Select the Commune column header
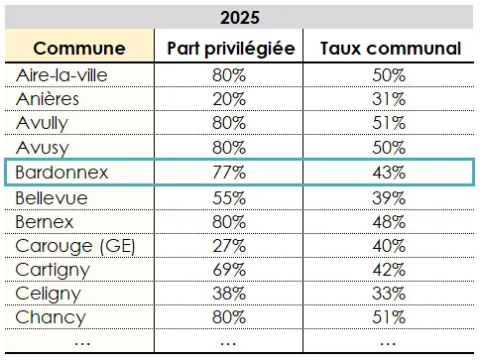point(79,48)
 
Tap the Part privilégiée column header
point(229,48)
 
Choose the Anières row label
point(49,99)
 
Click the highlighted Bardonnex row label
point(62,173)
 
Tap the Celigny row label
point(50,294)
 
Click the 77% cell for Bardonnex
point(229,173)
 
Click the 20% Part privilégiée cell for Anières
point(229,99)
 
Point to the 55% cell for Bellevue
point(229,196)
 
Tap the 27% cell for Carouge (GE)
point(229,245)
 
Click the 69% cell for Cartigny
point(229,270)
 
